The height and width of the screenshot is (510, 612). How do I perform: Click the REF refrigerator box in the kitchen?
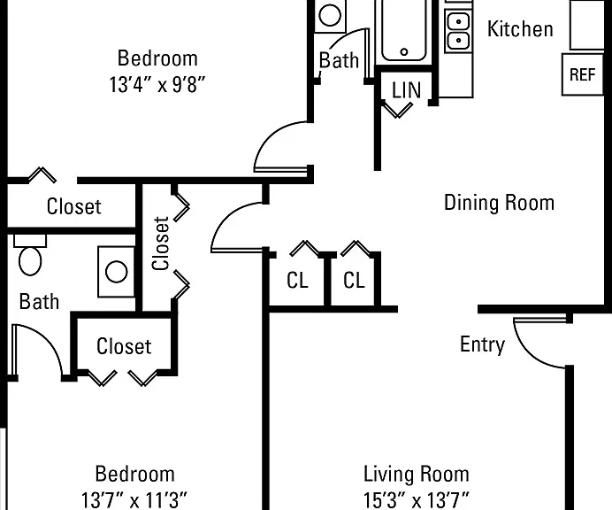pos(582,74)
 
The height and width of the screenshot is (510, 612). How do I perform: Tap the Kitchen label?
pos(520,29)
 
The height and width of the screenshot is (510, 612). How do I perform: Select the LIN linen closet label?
pos(406,90)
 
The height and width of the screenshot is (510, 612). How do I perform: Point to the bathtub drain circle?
pos(404,51)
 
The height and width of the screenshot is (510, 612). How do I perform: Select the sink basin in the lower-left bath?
pos(117,272)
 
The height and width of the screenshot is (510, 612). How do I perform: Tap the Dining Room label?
pos(499,203)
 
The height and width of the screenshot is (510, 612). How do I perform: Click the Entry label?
pos(482,344)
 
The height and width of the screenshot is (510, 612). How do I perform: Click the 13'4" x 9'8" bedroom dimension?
pos(157,84)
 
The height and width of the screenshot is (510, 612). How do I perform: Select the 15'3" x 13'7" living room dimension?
pos(416,499)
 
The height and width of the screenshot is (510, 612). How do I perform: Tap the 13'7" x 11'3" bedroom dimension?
pos(134,499)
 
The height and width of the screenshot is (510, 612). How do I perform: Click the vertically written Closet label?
pos(161,243)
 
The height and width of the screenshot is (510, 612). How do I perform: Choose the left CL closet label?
pos(297,280)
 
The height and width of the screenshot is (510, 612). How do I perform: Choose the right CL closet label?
pos(354,280)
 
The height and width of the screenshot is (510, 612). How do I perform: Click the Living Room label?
pos(416,474)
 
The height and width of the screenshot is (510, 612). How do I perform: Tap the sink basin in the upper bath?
pos(330,15)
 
